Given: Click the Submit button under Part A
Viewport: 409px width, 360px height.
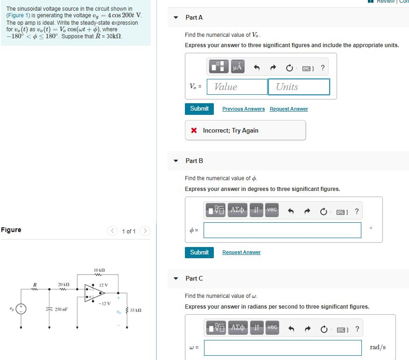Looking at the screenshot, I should coord(199,109).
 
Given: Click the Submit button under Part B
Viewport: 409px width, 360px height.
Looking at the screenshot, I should coord(199,252).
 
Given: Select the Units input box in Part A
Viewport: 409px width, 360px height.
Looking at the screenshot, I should coord(299,87).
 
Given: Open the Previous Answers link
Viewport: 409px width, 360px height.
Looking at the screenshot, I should coord(243,109).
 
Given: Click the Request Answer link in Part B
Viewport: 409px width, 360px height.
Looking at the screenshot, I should coord(241,252).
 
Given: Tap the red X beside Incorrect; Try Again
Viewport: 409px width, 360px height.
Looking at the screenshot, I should coord(194,131).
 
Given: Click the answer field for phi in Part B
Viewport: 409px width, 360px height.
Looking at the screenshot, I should coord(282,230).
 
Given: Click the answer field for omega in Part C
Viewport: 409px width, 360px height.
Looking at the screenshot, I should coord(282,347).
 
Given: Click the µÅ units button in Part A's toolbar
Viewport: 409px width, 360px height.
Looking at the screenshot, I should coord(237,67).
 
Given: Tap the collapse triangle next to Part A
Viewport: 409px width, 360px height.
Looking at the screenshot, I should coord(176,18).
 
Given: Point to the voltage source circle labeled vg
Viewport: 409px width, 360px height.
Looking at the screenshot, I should coord(21,309).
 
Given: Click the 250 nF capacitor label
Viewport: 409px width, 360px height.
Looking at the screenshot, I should coord(61,309).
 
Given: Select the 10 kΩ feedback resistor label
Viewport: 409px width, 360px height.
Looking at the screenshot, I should coord(99,270).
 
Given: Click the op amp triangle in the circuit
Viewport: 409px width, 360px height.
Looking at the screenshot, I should coord(93,293).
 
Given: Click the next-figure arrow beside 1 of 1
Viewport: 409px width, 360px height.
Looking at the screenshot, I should coord(146,231).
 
